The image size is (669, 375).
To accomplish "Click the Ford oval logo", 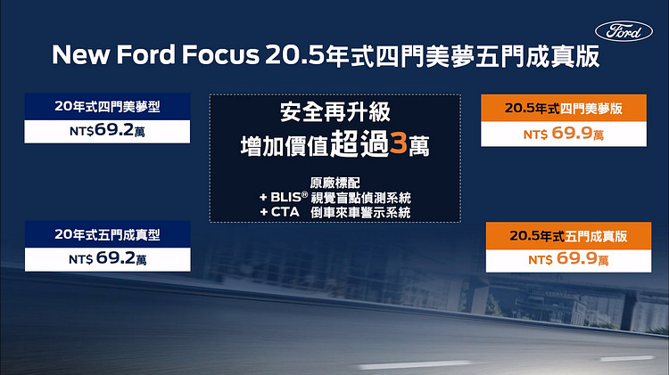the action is (624, 31).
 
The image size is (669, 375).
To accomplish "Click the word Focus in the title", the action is (220, 55).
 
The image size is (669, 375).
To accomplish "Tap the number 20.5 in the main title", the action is (295, 55).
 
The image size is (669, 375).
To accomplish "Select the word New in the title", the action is (80, 55).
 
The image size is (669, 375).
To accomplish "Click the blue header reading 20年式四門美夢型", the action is (107, 107).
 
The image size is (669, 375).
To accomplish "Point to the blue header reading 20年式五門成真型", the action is (108, 234).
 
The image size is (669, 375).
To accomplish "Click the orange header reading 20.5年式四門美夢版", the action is (564, 109).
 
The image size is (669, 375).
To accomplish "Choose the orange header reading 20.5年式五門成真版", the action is (568, 236).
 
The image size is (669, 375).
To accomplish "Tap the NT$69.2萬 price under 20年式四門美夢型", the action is (107, 130).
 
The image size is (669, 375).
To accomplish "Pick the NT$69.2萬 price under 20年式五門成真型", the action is (108, 258).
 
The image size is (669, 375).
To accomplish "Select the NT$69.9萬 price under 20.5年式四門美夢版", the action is (564, 134).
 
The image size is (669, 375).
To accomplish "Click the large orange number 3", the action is (399, 143).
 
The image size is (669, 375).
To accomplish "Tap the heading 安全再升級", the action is (335, 112).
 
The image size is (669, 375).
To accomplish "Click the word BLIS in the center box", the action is (285, 198).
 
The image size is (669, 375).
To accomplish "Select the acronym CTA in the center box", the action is (285, 212).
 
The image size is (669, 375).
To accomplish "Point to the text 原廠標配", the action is (334, 183).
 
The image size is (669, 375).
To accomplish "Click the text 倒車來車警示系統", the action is (360, 212).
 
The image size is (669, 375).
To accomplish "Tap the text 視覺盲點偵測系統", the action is (360, 198).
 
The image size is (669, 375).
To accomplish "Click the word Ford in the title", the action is (145, 55).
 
